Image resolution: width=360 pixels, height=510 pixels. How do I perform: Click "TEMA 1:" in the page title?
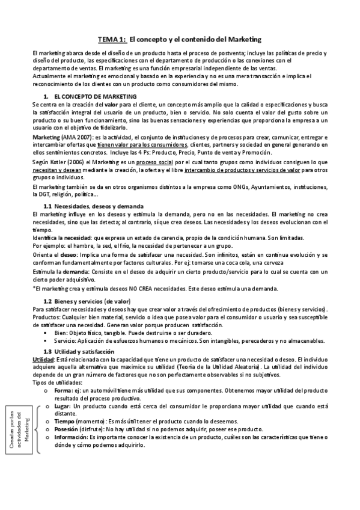[x=112, y=38]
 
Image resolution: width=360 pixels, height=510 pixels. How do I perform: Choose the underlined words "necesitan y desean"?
[x=55, y=170]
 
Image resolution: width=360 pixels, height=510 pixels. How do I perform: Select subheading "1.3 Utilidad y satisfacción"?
[x=79, y=351]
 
